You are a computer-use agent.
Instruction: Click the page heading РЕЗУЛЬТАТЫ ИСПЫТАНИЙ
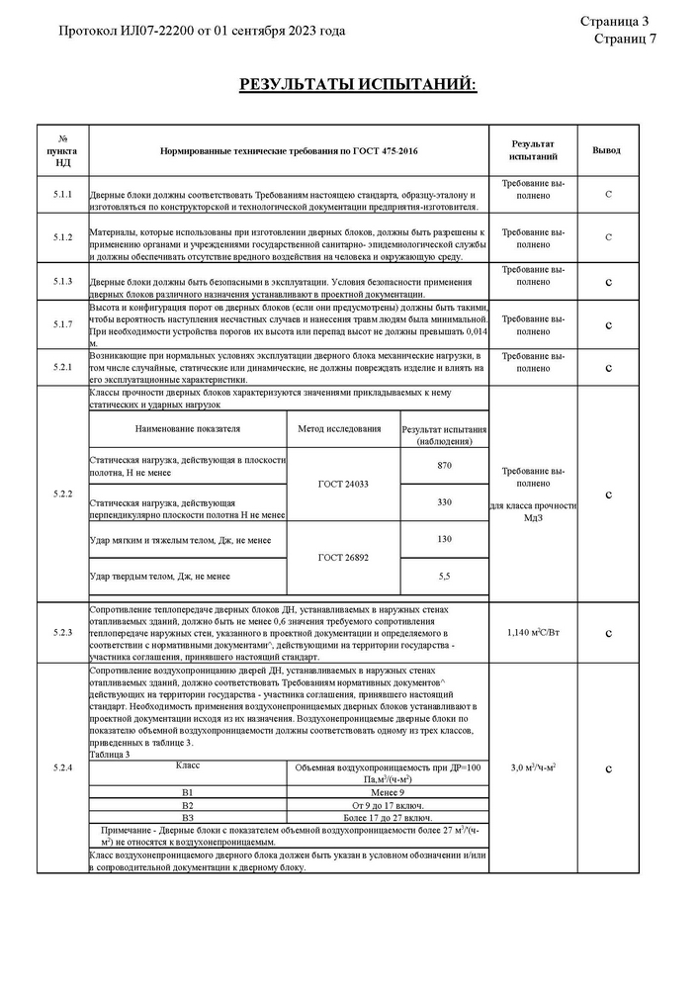point(357,85)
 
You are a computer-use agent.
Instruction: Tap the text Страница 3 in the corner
point(614,21)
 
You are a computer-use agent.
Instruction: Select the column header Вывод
point(606,150)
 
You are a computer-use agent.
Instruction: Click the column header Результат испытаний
point(533,150)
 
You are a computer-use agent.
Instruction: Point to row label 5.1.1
point(62,194)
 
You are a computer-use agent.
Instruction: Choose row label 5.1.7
point(62,324)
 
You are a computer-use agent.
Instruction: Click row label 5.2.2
point(62,494)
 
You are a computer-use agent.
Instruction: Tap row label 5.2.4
point(62,768)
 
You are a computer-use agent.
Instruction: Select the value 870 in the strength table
point(444,466)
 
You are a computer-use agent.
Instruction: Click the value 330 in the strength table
point(444,502)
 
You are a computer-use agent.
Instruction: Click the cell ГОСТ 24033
point(343,484)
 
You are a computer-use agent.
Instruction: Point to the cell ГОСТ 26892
point(343,558)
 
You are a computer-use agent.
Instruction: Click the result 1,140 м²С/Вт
point(533,631)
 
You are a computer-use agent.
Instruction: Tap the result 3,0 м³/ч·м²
point(533,767)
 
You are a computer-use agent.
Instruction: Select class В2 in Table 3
point(188,805)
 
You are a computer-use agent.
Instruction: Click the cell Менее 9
point(387,792)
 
